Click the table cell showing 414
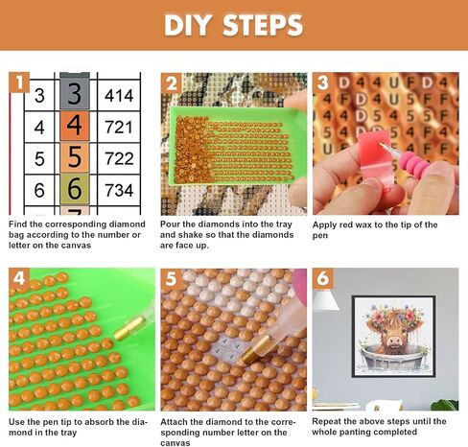coord(119,95)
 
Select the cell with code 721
coord(119,127)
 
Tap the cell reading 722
coord(119,158)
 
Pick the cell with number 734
coord(119,190)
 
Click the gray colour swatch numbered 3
coord(75,93)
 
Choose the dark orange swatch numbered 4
coord(75,126)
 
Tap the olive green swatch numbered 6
coord(75,189)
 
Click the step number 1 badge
coord(19,82)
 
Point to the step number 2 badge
coord(171,83)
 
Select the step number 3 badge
coord(323,82)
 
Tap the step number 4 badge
coord(19,278)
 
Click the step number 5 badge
coord(171,278)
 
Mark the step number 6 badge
coord(323,278)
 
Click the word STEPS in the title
coord(263,25)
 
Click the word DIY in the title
coord(188,25)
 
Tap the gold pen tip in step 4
coord(128,329)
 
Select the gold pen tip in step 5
coord(253,350)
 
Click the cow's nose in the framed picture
coord(393,343)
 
